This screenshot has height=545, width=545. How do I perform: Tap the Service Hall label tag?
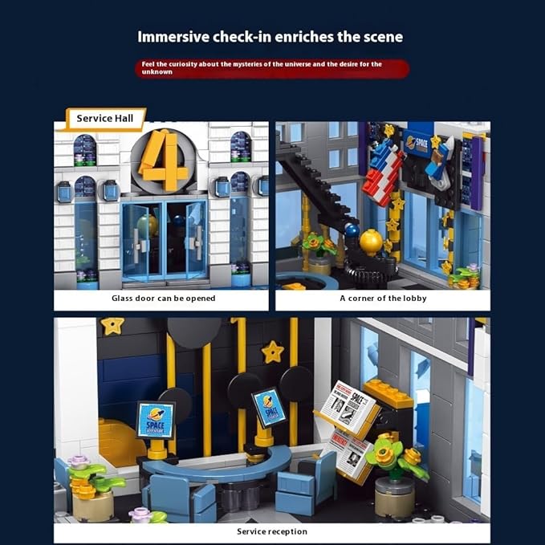coord(105,119)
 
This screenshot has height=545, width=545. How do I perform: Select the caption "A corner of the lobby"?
coord(383,299)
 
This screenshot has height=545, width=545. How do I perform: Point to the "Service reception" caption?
coord(271,531)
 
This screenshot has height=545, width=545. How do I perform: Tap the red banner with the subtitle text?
coord(271,67)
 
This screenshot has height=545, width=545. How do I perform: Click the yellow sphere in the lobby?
coord(371,242)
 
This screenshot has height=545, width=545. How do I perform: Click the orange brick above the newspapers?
coord(388,394)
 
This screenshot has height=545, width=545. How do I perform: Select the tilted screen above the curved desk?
coord(268,406)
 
